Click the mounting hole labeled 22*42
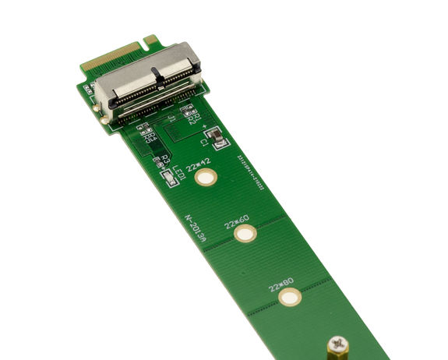tap(206, 178)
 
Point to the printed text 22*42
tap(199, 162)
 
